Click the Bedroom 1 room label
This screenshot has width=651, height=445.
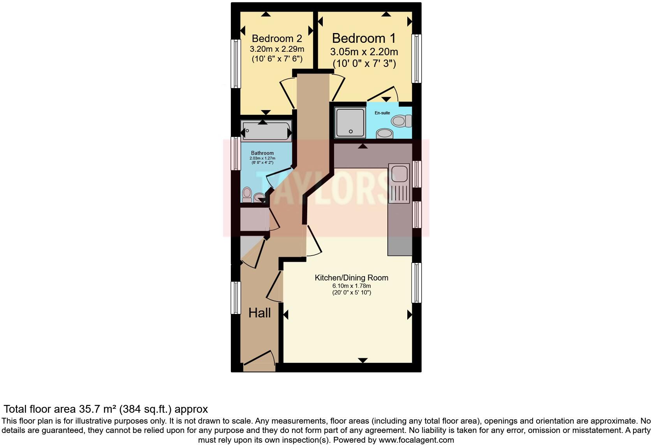[x=364, y=38]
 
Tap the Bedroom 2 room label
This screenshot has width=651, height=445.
[x=277, y=39]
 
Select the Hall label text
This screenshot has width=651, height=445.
[x=259, y=313]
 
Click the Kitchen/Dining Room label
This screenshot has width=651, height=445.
[x=351, y=278]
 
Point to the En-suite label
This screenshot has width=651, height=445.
[x=382, y=113]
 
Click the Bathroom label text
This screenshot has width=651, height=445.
[x=262, y=153]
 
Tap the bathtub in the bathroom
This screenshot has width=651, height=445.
[x=266, y=131]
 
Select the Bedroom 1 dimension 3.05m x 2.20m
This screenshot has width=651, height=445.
[x=364, y=52]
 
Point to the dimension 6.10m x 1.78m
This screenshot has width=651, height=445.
[x=351, y=286]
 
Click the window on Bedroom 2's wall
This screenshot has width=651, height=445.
[x=236, y=63]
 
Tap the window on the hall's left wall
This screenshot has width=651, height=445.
[x=236, y=298]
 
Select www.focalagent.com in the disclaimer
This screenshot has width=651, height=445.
[x=416, y=440]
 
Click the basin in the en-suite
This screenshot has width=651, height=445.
[x=385, y=133]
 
